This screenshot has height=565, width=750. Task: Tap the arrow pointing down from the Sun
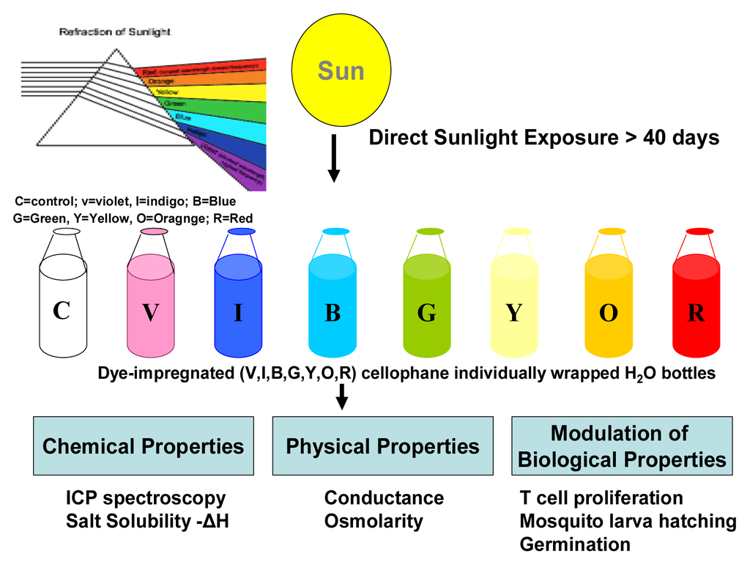coord(334,158)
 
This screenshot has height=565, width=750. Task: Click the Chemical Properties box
coord(144,446)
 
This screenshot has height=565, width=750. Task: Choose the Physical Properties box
coord(382,446)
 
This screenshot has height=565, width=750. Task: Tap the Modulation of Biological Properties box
coord(622,446)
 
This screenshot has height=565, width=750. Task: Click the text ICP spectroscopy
coord(146,498)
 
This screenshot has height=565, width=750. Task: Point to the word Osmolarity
coord(374,522)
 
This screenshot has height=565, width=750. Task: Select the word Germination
coord(575,544)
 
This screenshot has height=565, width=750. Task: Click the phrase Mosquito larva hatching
coord(628,521)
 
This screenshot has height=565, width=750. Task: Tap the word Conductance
coord(384,498)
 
